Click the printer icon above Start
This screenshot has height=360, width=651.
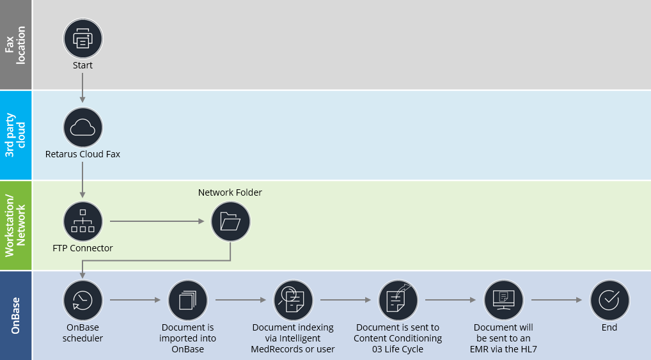(82, 38)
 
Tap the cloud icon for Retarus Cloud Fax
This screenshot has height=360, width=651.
(82, 127)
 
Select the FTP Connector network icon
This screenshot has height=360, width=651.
(82, 221)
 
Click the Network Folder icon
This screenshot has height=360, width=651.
(230, 221)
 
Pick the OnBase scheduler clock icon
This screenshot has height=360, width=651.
(82, 300)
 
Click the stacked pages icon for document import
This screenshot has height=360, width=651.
(187, 300)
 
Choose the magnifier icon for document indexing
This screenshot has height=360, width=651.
(293, 300)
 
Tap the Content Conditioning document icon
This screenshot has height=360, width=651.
(398, 300)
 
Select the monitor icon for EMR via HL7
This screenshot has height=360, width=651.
(504, 300)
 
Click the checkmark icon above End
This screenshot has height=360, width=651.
(609, 300)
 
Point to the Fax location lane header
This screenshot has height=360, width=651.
(16, 45)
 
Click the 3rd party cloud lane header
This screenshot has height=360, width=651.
(16, 135)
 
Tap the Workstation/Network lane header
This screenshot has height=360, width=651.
(16, 225)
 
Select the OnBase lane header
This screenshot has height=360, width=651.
(16, 315)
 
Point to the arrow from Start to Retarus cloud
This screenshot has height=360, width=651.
(82, 86)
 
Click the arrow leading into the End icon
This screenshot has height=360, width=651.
(556, 300)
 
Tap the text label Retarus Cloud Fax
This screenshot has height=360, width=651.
(82, 154)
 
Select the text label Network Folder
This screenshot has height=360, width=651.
(230, 192)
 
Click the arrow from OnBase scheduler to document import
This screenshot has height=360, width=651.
(135, 300)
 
